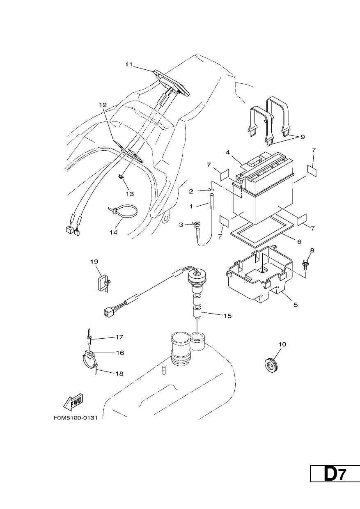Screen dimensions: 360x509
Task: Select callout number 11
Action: (129, 64)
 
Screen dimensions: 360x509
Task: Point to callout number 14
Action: (114, 232)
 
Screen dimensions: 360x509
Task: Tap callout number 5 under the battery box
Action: (296, 305)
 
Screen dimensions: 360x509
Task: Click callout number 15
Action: (227, 316)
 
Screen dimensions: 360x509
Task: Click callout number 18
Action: (120, 374)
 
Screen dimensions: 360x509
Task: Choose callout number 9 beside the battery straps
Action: (303, 137)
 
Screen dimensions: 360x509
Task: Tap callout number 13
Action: (130, 194)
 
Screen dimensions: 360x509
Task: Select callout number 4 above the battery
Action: (228, 152)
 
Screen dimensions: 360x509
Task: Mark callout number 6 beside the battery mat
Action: (299, 241)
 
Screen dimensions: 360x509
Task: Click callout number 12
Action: (103, 105)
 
